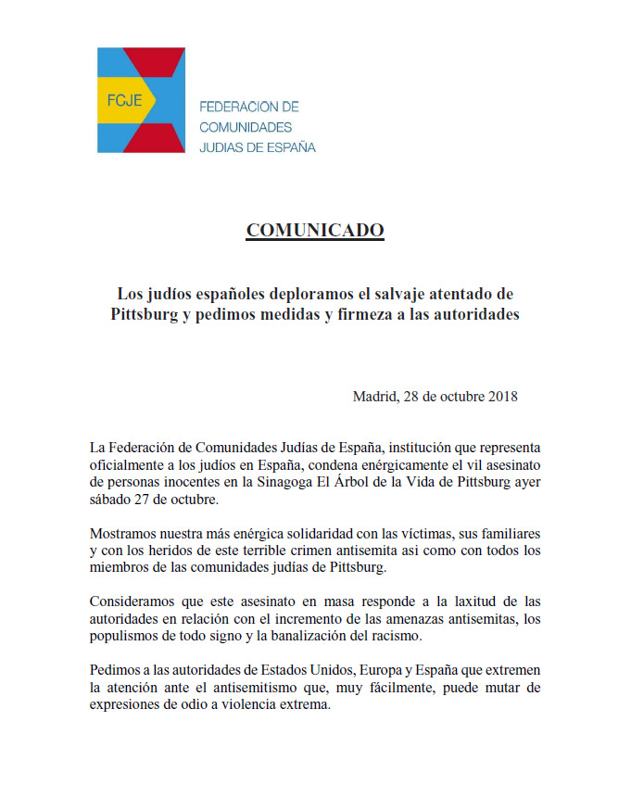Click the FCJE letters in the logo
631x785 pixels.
(123, 100)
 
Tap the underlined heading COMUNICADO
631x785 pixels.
(315, 231)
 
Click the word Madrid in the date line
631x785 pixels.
(373, 397)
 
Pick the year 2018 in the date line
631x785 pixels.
(501, 397)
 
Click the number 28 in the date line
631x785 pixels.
(414, 397)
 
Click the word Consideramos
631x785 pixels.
(134, 604)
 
